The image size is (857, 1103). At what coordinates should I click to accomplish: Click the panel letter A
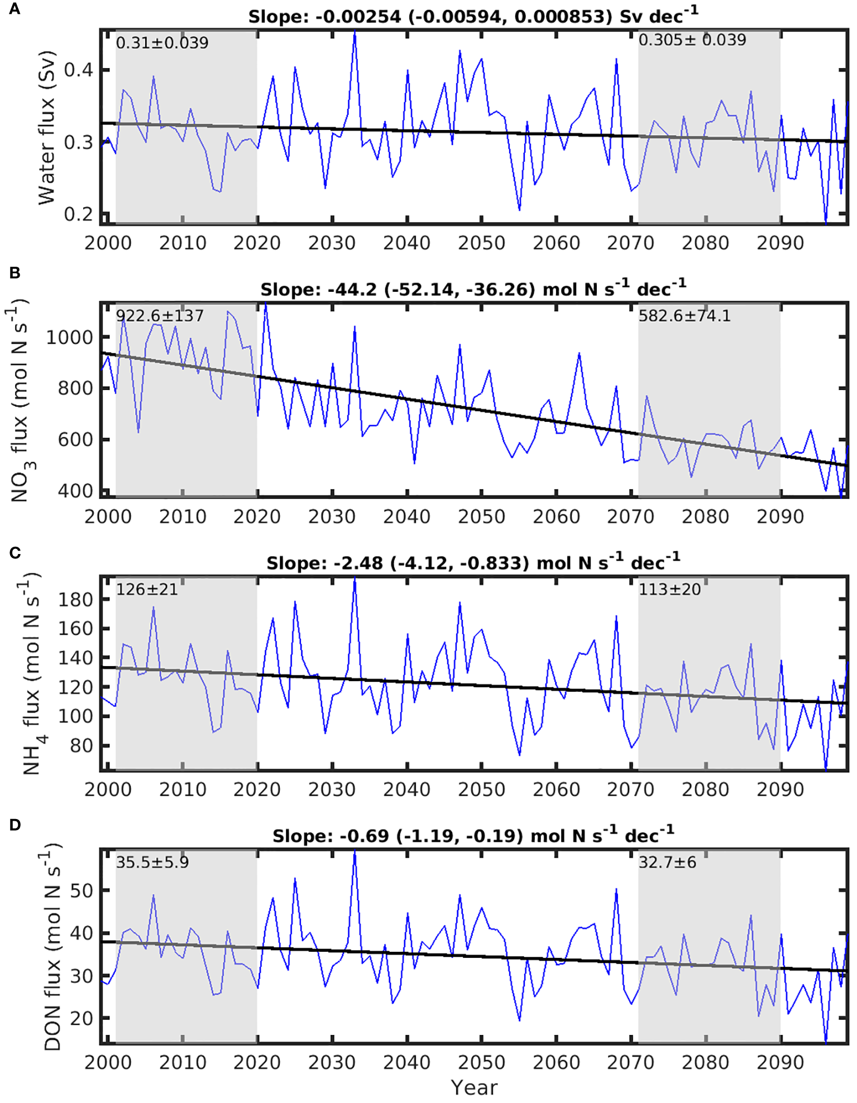coord(15,9)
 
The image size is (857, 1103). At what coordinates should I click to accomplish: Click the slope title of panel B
coord(473,289)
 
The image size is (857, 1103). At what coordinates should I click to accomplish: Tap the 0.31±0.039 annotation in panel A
coord(162,43)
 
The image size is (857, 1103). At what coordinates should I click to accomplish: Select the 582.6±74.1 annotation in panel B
coord(684,316)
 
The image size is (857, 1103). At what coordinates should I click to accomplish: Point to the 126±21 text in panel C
coord(146,589)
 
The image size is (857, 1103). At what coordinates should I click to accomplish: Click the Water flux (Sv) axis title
coord(47,128)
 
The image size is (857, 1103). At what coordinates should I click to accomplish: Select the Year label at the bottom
coord(473,1087)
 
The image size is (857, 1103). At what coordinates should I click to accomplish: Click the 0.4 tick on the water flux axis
coord(79,70)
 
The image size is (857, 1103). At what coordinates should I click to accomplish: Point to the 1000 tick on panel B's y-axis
coord(69,338)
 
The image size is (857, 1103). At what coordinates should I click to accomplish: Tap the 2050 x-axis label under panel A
coord(481,243)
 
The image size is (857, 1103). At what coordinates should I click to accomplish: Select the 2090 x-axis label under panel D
coord(779,1063)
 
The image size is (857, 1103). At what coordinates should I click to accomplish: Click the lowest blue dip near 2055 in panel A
coord(519,210)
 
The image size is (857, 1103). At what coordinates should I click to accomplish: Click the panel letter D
coord(15,825)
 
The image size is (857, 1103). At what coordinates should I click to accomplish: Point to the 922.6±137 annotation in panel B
coord(160,316)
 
